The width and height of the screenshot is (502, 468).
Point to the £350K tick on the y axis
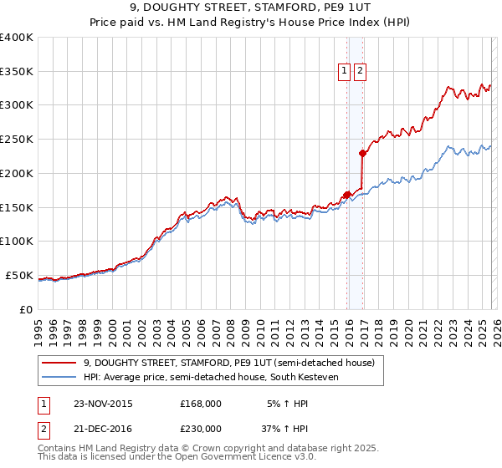pos(17,72)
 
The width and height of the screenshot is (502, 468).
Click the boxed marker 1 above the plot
pos(345,72)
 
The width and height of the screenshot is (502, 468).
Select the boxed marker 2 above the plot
pos(360,72)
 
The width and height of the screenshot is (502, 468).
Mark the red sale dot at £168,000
pos(346,195)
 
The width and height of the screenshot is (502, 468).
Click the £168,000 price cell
pos(200,403)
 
